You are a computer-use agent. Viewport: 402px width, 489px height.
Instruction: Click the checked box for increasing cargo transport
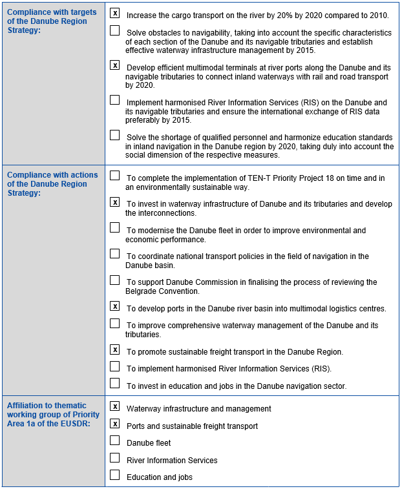point(115,13)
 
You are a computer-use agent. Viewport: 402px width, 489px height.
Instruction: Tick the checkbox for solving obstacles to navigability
point(115,30)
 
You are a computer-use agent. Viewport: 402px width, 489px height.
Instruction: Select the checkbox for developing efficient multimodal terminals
point(115,65)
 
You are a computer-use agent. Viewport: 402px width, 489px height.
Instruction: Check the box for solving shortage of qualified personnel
point(115,136)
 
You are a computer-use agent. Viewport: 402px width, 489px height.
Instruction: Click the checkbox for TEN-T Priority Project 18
point(115,175)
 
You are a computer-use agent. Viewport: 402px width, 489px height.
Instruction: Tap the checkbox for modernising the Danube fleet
point(115,227)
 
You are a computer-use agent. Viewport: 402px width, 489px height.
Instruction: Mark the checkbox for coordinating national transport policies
point(115,254)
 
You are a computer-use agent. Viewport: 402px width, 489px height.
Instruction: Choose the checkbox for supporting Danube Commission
point(115,280)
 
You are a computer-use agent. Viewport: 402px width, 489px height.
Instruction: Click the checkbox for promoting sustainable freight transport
point(115,349)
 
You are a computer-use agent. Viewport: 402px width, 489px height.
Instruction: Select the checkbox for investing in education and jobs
point(115,384)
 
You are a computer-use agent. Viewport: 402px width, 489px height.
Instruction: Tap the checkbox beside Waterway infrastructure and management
point(115,406)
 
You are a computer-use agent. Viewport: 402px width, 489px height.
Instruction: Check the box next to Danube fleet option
point(115,441)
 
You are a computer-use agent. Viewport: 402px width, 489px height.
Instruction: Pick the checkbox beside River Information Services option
point(115,458)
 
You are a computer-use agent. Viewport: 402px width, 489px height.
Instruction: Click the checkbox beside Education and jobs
point(115,475)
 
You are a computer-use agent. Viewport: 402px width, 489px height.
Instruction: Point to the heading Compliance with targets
point(52,13)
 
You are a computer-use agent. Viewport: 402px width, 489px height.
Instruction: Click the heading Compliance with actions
point(52,175)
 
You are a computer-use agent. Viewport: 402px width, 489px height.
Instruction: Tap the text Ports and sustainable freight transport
point(192,426)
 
